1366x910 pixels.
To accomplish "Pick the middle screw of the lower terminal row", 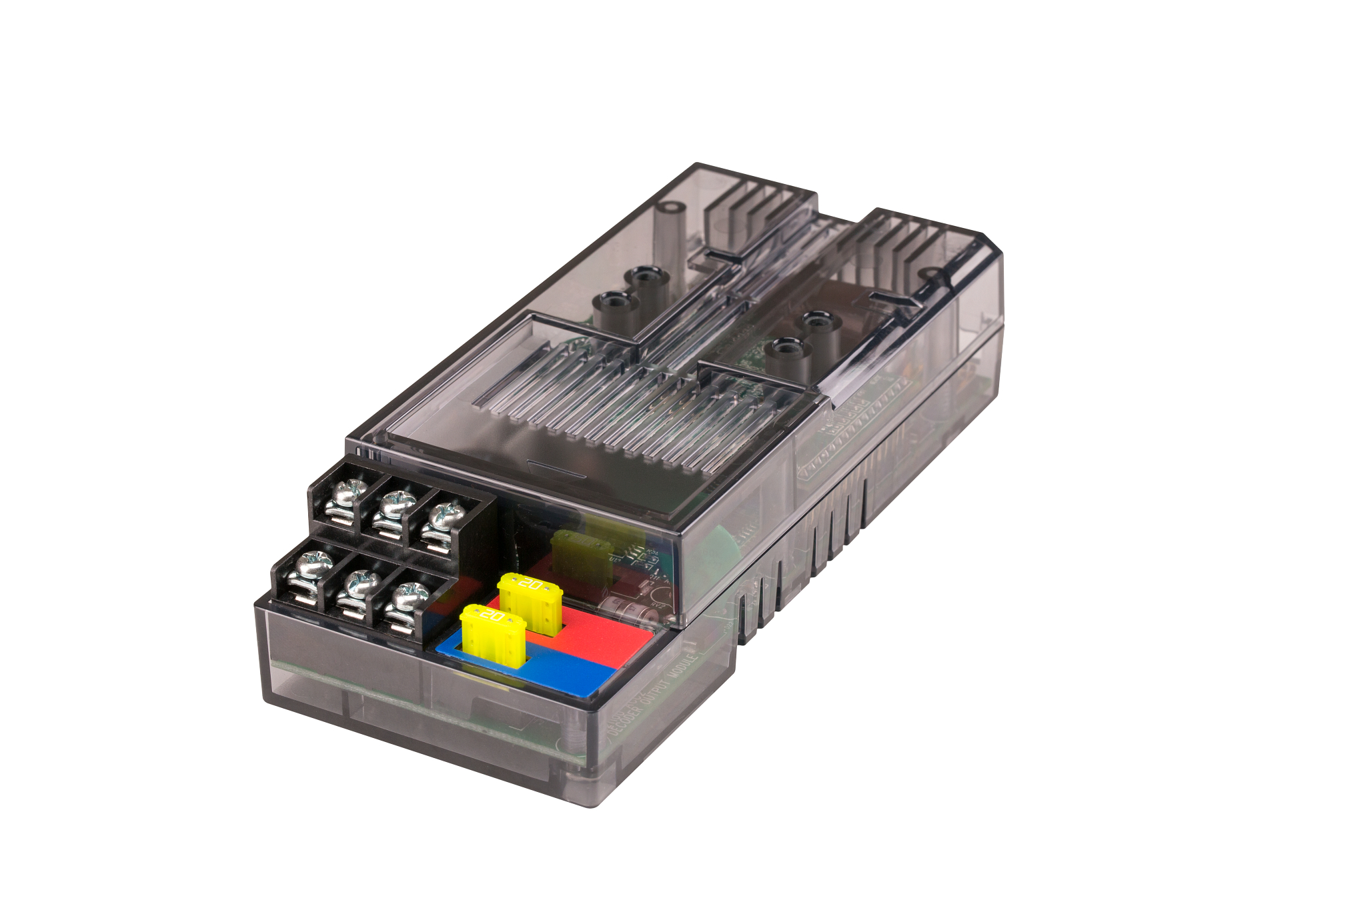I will (x=362, y=583).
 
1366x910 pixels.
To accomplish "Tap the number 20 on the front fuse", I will (x=492, y=615).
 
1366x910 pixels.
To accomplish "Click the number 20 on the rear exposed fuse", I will (x=531, y=585).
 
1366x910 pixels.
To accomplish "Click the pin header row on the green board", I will (x=860, y=413).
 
